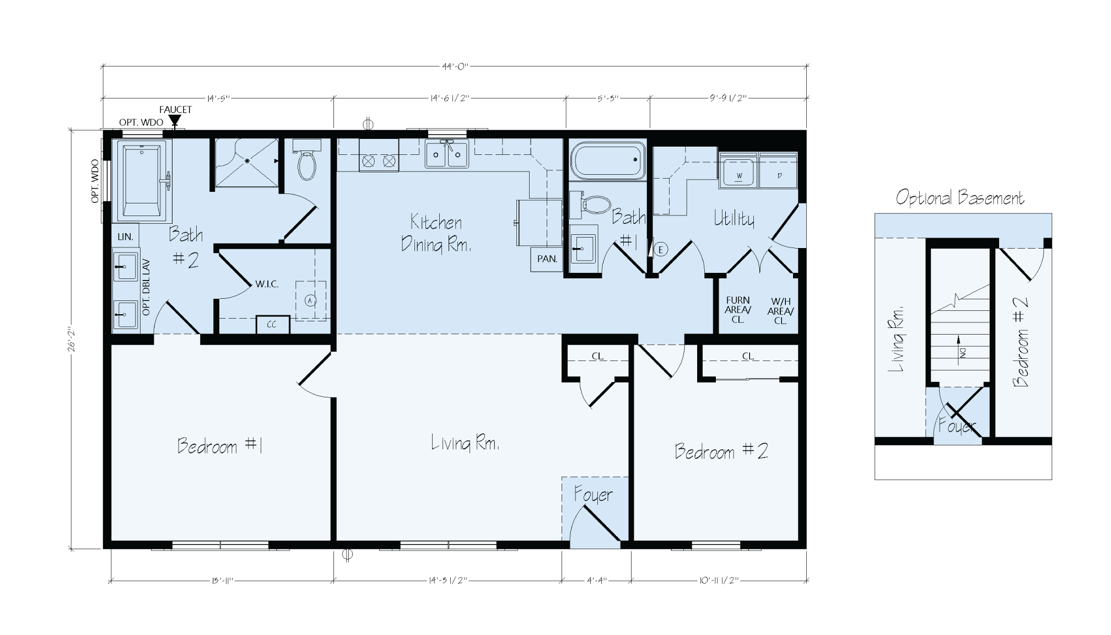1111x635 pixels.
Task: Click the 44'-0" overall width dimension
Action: coord(454,67)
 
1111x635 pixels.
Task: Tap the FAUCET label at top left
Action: coord(175,110)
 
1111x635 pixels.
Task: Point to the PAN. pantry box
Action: coord(547,259)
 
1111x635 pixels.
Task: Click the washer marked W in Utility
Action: coord(739,174)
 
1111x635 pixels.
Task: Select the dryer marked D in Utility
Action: coord(779,174)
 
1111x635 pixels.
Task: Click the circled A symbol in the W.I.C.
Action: coord(310,300)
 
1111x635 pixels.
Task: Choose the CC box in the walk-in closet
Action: coord(272,325)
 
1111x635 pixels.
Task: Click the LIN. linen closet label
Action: coord(125,237)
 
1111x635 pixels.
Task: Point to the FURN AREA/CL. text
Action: coord(738,310)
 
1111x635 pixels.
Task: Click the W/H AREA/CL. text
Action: coord(780,311)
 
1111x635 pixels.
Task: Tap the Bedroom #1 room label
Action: coord(219,445)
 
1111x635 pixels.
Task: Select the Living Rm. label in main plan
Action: coord(465,443)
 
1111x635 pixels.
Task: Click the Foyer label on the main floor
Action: coord(593,494)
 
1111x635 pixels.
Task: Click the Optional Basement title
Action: coord(959,197)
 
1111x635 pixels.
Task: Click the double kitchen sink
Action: coord(446,154)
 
